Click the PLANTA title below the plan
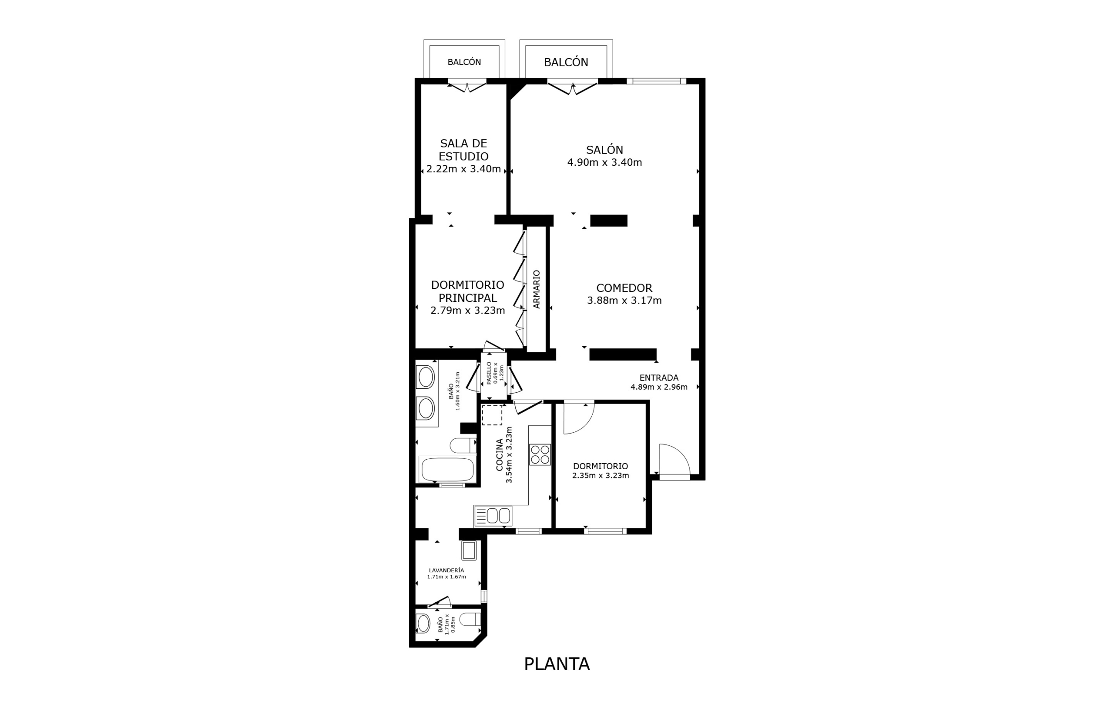pos(557,664)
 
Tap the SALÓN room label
pos(605,150)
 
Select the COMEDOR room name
pos(624,288)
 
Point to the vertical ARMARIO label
pos(537,289)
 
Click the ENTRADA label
pos(659,378)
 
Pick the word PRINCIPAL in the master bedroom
pos(468,298)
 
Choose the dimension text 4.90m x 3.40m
pos(605,162)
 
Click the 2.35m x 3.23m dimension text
pos(601,475)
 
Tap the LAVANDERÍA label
pos(446,570)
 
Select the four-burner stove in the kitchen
pos(540,454)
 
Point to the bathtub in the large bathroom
pos(447,469)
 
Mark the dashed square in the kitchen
pos(492,414)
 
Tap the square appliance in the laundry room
pos(469,550)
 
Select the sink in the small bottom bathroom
pos(423,624)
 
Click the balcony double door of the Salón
pos(573,87)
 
